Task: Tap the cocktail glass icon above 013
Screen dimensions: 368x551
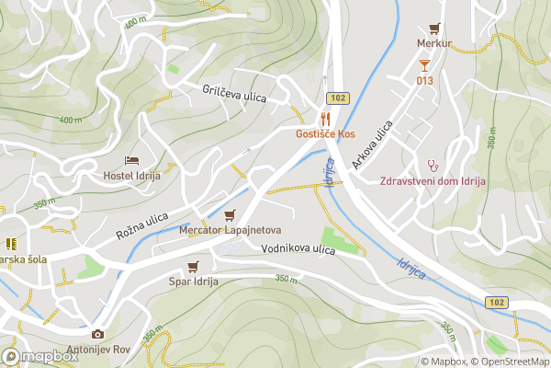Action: [x=423, y=64]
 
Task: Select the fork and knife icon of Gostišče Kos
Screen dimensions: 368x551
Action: [x=324, y=119]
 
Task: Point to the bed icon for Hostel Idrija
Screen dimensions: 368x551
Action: [x=131, y=161]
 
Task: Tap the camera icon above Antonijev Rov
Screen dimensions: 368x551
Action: [x=97, y=335]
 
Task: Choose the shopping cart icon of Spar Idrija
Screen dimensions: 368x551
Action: [x=192, y=267]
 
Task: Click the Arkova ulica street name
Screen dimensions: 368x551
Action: [x=372, y=144]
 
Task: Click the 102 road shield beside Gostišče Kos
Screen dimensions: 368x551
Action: [x=337, y=98]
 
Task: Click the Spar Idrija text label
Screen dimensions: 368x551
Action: [x=192, y=282]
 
